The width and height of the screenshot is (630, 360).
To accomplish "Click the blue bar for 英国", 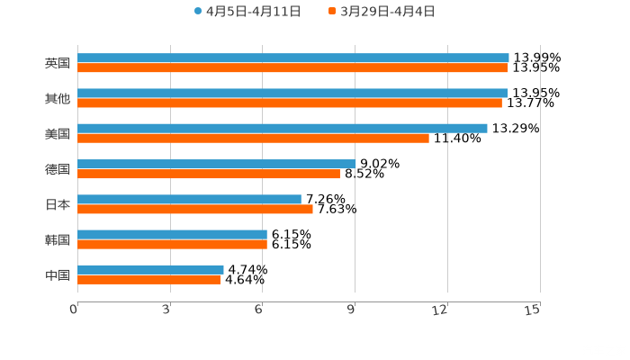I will point(292,58).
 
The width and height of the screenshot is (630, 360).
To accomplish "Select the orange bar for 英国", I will point(292,67).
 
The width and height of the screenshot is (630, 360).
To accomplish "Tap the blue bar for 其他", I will point(292,93).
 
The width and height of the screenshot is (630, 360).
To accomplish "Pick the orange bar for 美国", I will point(253,138).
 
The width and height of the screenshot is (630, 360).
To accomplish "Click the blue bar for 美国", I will point(283,128).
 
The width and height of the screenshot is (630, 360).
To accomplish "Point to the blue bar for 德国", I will point(216,164).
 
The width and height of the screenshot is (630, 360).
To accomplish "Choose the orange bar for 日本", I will point(195,209).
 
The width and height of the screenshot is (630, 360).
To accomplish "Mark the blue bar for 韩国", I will point(172,234).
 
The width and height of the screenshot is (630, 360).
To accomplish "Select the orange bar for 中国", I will point(148,279).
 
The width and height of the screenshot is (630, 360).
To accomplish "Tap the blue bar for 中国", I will point(150,269).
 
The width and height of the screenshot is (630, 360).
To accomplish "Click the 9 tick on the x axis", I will point(352,310).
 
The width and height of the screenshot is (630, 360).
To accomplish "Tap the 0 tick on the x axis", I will point(74,310).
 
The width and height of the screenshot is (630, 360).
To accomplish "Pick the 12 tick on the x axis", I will point(440,310).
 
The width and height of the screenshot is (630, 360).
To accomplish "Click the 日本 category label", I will point(58,204).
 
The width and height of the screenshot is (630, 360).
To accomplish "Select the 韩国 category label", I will point(58,239).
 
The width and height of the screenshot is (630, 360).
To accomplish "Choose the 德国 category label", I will point(58,169).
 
